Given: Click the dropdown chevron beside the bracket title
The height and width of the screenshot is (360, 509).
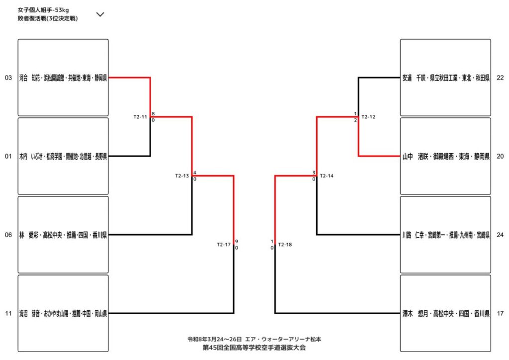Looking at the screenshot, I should click(x=100, y=14).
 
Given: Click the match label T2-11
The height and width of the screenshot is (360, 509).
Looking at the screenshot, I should click(x=140, y=117).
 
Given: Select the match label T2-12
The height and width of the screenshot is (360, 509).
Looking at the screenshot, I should click(x=368, y=117).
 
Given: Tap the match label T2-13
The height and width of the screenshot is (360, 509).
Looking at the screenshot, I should click(x=182, y=176).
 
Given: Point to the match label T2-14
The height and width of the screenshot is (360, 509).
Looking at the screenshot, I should click(x=327, y=176).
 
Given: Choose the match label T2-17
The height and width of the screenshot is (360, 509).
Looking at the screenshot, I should click(x=224, y=244).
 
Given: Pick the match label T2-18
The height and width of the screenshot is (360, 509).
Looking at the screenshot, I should click(x=285, y=244).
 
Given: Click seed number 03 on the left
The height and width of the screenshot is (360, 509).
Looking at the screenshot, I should click(x=8, y=78).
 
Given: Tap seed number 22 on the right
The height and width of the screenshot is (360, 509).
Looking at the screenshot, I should click(x=500, y=78).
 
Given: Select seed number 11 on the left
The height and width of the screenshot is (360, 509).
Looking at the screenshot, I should click(x=8, y=313).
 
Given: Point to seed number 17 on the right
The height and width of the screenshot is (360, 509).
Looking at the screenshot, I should click(x=500, y=313).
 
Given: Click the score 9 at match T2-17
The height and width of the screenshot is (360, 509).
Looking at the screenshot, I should click(x=237, y=241).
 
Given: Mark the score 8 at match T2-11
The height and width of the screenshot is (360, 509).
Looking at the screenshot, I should click(x=153, y=114).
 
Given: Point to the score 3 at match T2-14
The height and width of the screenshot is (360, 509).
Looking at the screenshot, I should click(x=314, y=173).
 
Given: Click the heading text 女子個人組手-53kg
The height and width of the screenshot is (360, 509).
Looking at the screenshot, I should click(x=44, y=9).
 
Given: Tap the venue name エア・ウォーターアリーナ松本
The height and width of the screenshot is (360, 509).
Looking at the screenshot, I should click(x=286, y=339).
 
